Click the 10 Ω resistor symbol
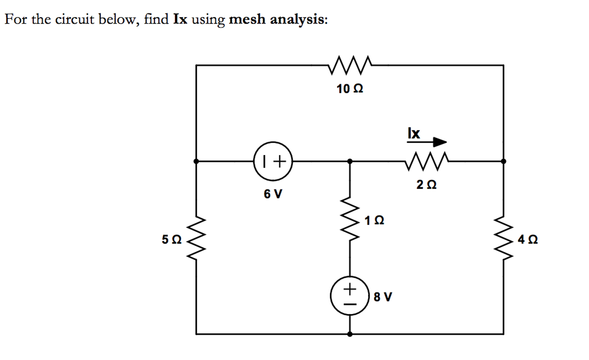350,65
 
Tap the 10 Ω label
350,89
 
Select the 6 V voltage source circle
273,161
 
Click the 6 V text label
273,194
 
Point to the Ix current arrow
427,142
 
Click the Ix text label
414,133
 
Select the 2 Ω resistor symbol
427,161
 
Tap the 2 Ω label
426,185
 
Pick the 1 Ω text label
374,221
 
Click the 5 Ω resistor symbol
196,238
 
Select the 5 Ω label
172,239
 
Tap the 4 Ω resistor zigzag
504,238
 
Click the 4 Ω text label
527,239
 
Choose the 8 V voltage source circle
350,296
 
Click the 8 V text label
383,297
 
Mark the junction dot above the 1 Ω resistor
350,161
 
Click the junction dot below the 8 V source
350,334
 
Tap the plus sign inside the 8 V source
350,288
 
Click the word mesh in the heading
247,20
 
